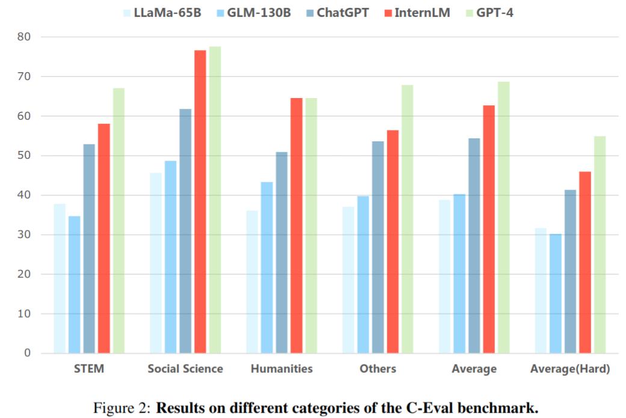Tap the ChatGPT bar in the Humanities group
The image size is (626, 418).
281,252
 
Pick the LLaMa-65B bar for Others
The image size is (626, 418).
348,280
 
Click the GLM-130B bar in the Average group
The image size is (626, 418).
459,273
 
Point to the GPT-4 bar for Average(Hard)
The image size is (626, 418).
600,244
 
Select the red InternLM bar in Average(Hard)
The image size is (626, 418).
585,262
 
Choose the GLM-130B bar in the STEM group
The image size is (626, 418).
75,284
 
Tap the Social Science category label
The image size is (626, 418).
185,369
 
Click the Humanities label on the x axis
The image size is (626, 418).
281,369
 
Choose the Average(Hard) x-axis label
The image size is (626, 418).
570,369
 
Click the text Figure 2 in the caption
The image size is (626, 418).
121,408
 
